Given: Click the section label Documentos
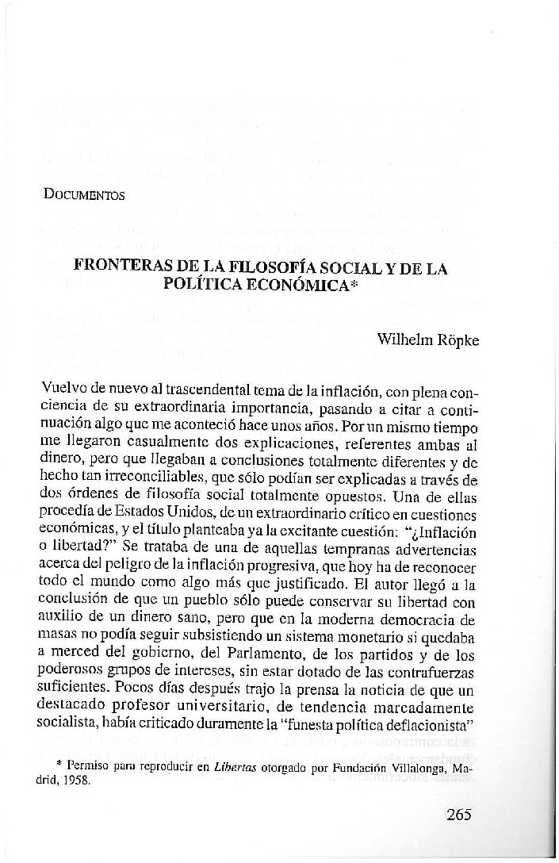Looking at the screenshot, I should click(85, 194).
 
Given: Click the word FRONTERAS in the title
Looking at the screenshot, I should click(120, 268).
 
